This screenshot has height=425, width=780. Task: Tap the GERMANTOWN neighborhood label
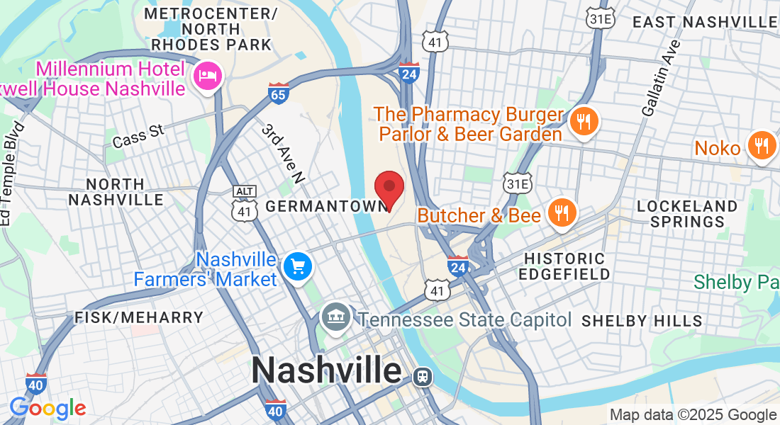[327, 206]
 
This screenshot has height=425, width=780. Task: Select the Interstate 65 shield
[279, 93]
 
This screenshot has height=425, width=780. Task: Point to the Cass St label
[138, 137]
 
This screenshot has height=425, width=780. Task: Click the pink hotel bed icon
[208, 74]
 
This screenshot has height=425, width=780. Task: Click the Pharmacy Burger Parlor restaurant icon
[584, 121]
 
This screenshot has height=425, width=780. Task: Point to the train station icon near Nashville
[423, 376]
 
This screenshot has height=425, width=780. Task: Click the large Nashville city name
[326, 370]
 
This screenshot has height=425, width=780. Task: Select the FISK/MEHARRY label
[139, 317]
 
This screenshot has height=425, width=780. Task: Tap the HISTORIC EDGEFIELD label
[564, 266]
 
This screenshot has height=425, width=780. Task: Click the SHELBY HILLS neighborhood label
[642, 321]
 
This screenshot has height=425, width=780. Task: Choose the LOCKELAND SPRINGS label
[687, 213]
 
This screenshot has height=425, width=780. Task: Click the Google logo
[48, 409]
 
